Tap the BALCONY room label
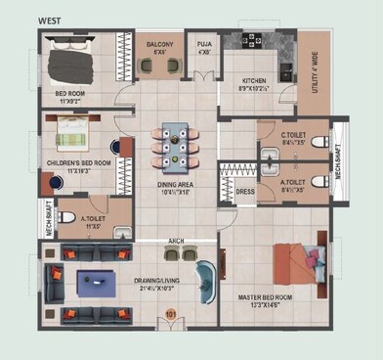point(161,45)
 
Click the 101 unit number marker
point(171,314)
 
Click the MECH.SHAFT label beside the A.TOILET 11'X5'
point(48,215)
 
